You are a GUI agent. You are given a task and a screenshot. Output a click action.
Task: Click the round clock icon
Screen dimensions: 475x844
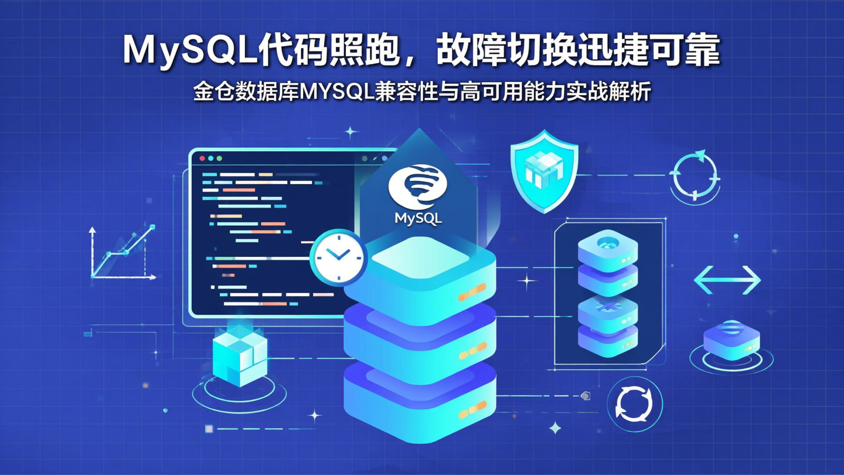pyautogui.click(x=338, y=256)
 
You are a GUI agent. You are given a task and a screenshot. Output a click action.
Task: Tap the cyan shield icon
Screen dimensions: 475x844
pyautogui.click(x=544, y=170)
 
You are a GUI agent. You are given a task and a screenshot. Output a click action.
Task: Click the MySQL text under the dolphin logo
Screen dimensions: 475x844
pyautogui.click(x=418, y=219)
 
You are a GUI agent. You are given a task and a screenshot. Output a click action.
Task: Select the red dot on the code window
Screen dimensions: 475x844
pyautogui.click(x=202, y=158)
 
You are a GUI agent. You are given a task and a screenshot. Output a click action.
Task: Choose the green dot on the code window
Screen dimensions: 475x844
pyautogui.click(x=219, y=158)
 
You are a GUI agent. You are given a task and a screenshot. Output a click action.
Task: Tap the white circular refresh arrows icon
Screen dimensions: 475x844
pyautogui.click(x=634, y=404)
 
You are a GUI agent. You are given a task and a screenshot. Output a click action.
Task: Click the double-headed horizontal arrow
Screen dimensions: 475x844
pyautogui.click(x=727, y=280)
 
